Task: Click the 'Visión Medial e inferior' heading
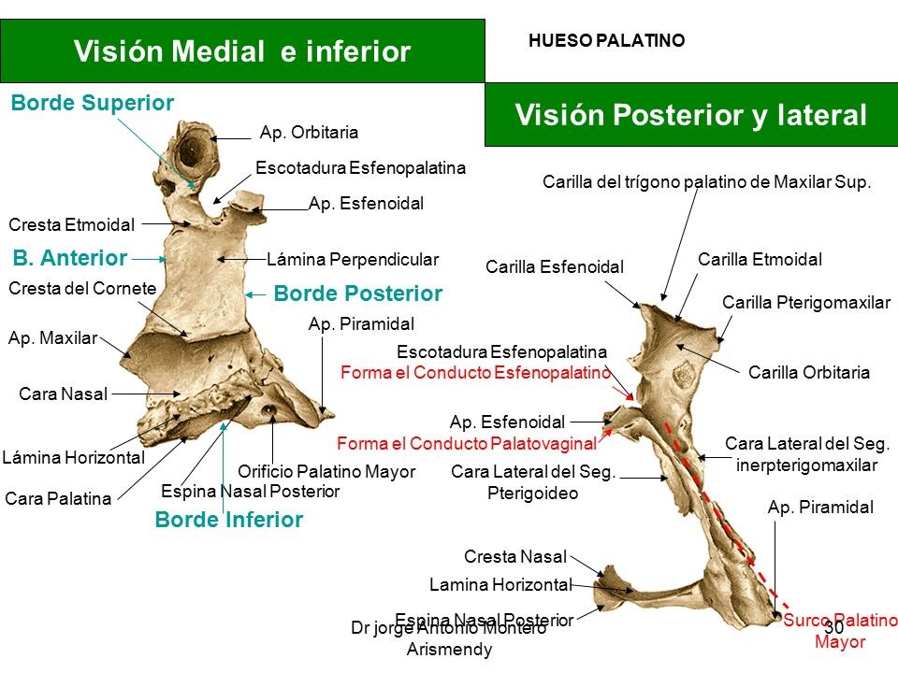tap(241, 51)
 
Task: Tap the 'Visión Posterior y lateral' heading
tap(691, 115)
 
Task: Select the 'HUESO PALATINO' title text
tap(606, 41)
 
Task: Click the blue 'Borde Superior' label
tap(92, 104)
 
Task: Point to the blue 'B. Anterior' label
tap(69, 257)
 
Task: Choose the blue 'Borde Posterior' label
tap(357, 294)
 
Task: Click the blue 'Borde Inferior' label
tap(228, 520)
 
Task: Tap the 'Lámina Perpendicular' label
tap(352, 259)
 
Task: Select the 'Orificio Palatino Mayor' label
tap(326, 472)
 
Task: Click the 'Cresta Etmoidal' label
tap(71, 224)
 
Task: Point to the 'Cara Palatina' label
tap(58, 499)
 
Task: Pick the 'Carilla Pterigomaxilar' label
tap(806, 302)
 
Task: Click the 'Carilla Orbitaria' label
tap(809, 372)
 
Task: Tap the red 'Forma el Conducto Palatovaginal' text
tap(479, 443)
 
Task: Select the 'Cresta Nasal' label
tap(515, 557)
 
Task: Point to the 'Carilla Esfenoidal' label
tap(554, 267)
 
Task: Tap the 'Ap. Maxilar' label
tap(52, 338)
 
